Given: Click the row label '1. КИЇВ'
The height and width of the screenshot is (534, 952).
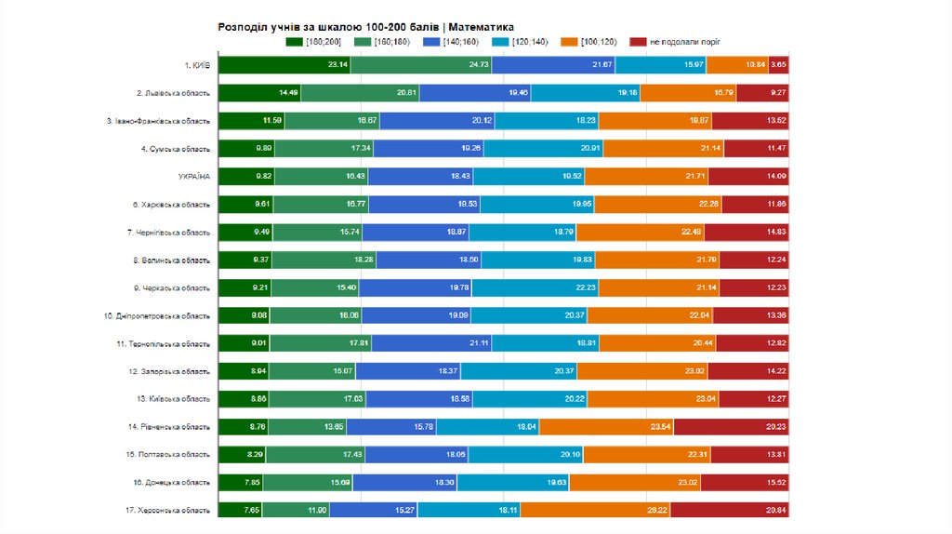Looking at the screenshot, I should coord(197,65).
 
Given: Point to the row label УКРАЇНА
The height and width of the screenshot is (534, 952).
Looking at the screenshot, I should coord(194,177).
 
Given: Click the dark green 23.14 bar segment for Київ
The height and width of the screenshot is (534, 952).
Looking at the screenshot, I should coord(284,65).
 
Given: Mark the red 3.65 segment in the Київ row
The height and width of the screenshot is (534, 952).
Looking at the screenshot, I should coord(779,65).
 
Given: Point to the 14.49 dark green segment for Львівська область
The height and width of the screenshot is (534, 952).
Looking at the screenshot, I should coord(259,93).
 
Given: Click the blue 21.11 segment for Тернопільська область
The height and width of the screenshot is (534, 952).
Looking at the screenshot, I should coord(431,343).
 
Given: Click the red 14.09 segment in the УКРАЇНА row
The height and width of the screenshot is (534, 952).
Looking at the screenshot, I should coord(751,177).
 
